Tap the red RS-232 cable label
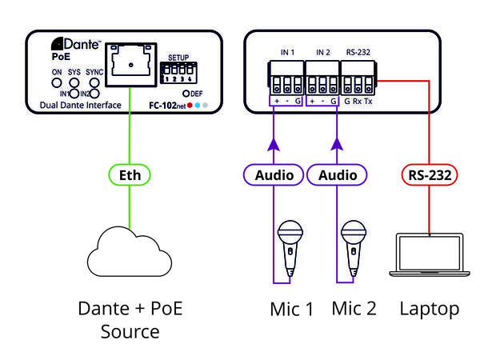[x=431, y=174]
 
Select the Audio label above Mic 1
[x=274, y=174]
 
